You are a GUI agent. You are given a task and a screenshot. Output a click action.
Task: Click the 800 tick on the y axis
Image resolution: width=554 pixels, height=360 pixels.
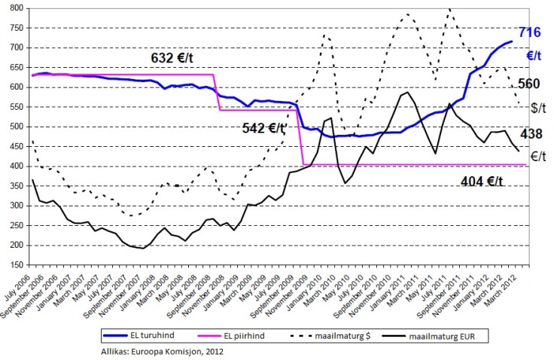click(x=15, y=8)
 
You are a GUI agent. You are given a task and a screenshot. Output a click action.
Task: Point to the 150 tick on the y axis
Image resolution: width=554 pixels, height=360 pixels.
click(x=15, y=264)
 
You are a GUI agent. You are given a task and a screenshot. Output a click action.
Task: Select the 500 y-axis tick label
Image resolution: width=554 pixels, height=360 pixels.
click(x=15, y=127)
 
